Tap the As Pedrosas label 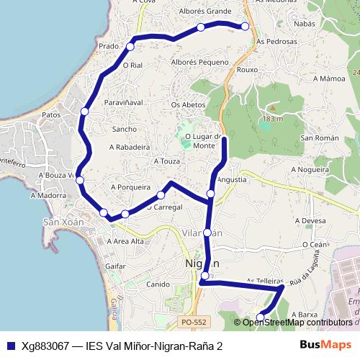[x=276, y=42]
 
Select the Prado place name [x=109, y=46]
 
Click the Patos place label [x=51, y=114]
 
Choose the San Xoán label [x=63, y=222]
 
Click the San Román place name [x=315, y=138]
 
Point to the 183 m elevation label [x=272, y=118]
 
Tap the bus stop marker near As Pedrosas [x=245, y=27]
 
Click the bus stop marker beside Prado [x=130, y=47]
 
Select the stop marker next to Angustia [x=210, y=194]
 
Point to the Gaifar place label [x=115, y=266]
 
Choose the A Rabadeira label [x=129, y=147]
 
